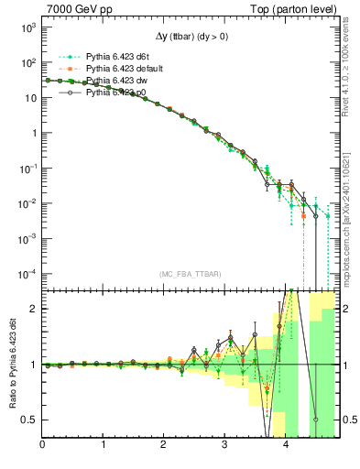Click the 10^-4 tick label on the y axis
(26, 273)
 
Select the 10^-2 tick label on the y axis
(26, 203)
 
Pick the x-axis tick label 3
(225, 445)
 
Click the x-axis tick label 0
(42, 445)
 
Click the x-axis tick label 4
(286, 445)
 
